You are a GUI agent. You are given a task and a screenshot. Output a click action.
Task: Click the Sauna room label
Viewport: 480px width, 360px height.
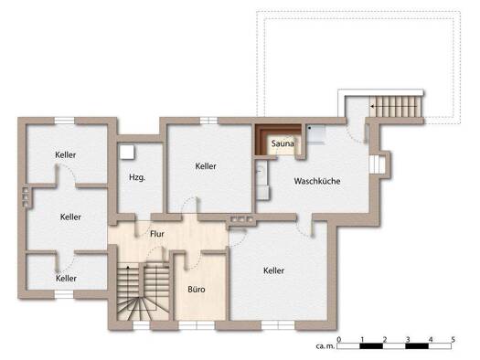point(283,143)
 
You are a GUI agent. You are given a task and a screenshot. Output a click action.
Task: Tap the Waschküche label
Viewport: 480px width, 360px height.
point(317,181)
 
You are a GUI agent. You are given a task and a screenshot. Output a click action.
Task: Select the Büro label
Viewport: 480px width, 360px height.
point(197,289)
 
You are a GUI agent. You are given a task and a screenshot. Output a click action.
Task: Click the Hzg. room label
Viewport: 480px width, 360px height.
point(137,177)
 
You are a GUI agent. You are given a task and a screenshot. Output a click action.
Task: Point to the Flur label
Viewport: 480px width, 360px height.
point(157,234)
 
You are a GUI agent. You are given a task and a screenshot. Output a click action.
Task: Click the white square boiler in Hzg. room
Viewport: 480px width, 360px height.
point(127,152)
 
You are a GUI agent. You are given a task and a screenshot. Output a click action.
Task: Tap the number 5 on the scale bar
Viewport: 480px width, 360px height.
point(453,339)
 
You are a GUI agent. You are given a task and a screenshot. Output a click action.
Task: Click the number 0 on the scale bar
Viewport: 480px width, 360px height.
point(338,339)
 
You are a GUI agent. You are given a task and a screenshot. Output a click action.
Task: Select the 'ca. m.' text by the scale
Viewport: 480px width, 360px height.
point(325,346)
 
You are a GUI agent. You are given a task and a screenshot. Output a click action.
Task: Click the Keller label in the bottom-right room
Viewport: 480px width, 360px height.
point(274,270)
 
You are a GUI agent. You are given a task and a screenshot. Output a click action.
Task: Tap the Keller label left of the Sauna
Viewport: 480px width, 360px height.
point(206,166)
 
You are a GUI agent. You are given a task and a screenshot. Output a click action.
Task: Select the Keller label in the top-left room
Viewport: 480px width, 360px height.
point(66,154)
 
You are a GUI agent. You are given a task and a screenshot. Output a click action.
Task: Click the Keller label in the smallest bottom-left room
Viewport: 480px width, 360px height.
point(66,279)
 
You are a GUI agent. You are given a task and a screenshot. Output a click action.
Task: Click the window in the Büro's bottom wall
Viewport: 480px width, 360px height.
point(197,325)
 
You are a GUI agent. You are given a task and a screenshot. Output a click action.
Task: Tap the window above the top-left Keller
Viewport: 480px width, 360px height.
point(65,121)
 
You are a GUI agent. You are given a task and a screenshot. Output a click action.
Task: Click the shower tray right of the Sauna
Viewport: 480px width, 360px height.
point(315,134)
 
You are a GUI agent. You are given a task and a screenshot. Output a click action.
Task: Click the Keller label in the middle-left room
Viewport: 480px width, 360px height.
point(70,217)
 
